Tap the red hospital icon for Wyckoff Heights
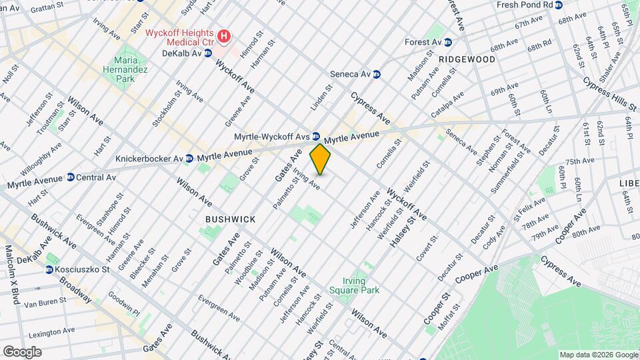225,35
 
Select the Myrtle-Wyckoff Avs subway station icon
316,136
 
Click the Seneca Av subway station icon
377,74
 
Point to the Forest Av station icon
448,42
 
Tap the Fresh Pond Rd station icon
559,5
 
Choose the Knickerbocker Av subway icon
190,159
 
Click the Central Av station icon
70,178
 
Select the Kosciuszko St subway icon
49,269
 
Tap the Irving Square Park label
361,285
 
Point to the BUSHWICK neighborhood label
230,219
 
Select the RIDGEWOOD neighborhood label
467,59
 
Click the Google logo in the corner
21,351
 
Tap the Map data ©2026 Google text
598,355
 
